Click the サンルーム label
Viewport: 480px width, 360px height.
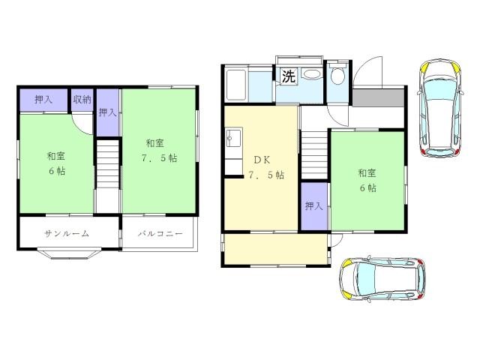pos(67,234)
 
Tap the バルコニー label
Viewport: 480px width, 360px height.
pos(160,234)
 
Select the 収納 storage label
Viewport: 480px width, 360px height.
pos(82,100)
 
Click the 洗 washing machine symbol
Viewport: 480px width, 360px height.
pos(289,76)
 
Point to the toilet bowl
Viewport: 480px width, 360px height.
pos(338,76)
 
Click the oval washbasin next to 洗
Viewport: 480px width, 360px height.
pos(312,75)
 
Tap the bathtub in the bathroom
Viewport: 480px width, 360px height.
pos(236,85)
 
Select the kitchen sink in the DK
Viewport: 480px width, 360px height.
pos(234,138)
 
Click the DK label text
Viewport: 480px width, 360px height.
pos(262,160)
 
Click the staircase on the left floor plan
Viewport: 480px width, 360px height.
pos(108,165)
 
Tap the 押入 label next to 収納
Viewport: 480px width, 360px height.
pos(43,100)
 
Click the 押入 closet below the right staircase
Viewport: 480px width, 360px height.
pos(314,206)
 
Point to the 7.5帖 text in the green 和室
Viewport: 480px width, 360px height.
pos(159,158)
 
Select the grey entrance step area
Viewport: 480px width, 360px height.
pos(378,98)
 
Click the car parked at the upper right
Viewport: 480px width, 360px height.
pos(440,108)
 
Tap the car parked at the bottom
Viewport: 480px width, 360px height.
pos(382,278)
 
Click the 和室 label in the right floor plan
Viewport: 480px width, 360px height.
pos(367,173)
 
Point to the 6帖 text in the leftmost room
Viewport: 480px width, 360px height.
pos(57,171)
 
